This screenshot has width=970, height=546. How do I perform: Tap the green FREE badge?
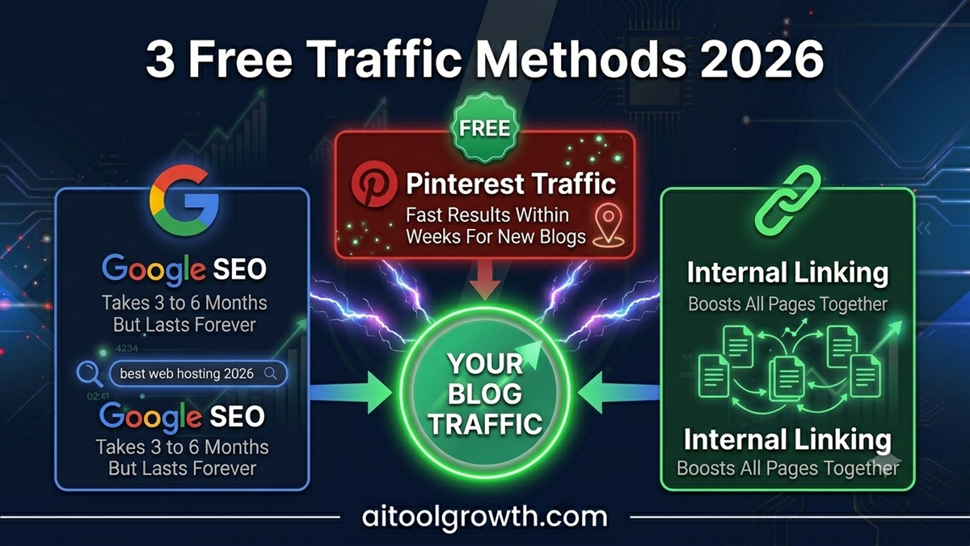click(x=484, y=128)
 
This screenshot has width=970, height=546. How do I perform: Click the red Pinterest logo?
click(x=373, y=184)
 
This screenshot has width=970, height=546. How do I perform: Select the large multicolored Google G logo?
click(x=184, y=200)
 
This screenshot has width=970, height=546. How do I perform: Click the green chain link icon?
click(x=788, y=200)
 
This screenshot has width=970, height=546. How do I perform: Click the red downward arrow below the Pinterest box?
click(x=485, y=280)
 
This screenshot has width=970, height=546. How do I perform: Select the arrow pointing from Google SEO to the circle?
click(x=351, y=393)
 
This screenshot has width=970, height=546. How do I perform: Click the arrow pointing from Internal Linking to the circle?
click(x=619, y=393)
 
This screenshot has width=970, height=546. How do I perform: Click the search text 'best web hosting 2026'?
click(x=187, y=374)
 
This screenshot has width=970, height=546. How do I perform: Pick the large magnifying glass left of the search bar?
click(x=90, y=374)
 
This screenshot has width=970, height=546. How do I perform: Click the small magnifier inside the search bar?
click(x=271, y=374)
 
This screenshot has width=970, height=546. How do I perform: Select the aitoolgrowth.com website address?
click(x=484, y=517)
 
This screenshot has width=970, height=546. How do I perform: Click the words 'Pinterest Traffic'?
click(x=511, y=184)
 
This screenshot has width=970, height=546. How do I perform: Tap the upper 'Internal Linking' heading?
click(x=787, y=273)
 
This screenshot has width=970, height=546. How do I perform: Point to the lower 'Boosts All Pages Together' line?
click(x=787, y=468)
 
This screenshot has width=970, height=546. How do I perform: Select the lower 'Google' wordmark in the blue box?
click(x=151, y=417)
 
